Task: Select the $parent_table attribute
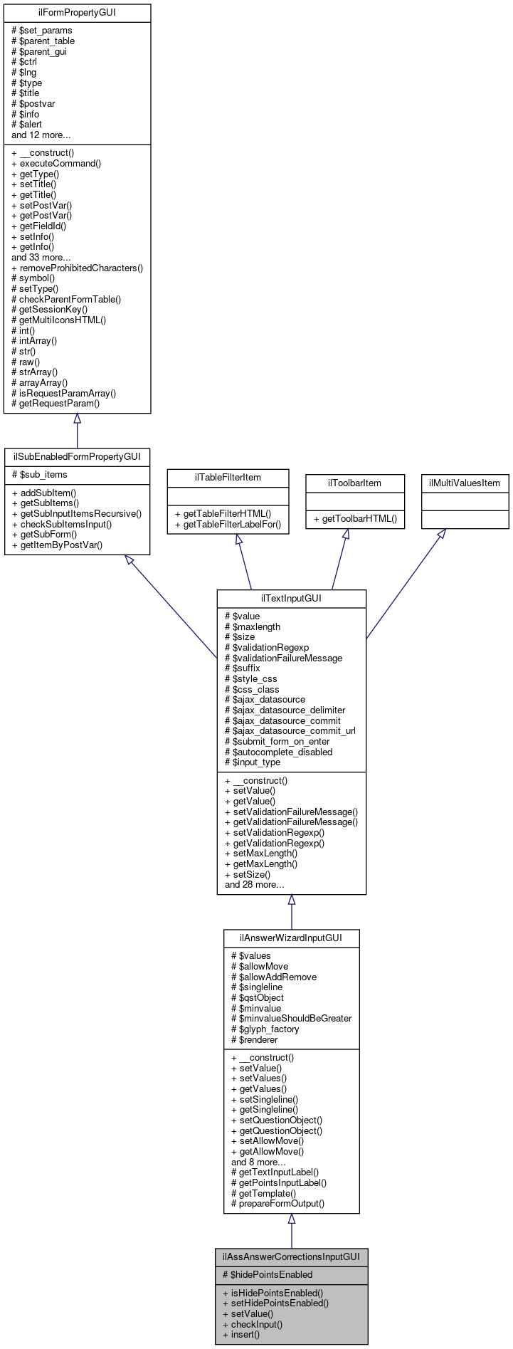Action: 43,41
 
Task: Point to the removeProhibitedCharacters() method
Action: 77,268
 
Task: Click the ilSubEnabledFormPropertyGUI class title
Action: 77,456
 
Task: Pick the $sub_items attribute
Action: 39,474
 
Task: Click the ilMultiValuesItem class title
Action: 465,483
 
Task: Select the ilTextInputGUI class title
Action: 291,599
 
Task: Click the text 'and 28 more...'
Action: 255,885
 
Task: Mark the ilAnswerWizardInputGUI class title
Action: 291,938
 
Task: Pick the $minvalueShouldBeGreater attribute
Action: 292,1019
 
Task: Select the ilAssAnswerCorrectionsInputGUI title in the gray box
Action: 291,1257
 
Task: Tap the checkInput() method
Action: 253,1324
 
